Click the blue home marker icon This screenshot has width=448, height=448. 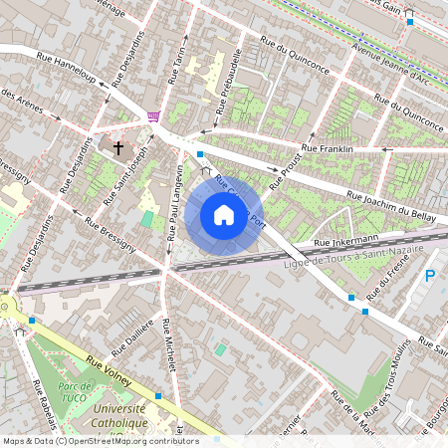[x=224, y=215]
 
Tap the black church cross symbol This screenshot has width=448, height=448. [x=118, y=148]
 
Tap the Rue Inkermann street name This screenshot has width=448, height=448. [x=344, y=241]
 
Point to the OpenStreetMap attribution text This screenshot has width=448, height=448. [x=101, y=440]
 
